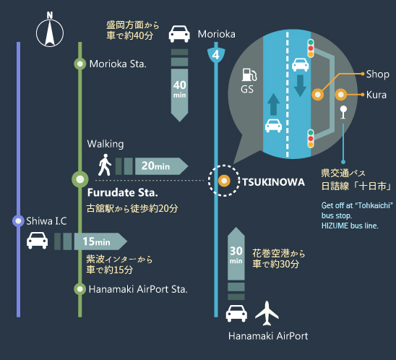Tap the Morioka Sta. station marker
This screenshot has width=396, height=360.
80,64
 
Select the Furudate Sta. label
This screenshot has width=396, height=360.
123,193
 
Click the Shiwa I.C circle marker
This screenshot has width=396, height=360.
18,220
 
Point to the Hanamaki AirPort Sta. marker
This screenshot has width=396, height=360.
80,288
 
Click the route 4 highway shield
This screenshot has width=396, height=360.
216,54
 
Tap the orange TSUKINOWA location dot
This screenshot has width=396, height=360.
224,181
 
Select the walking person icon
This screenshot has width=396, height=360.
105,165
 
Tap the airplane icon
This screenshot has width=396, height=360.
267,313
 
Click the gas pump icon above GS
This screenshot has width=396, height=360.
249,74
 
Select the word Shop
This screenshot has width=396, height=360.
377,74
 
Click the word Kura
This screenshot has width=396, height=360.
376,95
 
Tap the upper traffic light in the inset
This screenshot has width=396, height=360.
311,48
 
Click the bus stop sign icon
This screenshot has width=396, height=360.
343,112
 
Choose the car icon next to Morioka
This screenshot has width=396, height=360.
179,33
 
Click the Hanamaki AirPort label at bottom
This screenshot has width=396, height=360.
268,336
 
